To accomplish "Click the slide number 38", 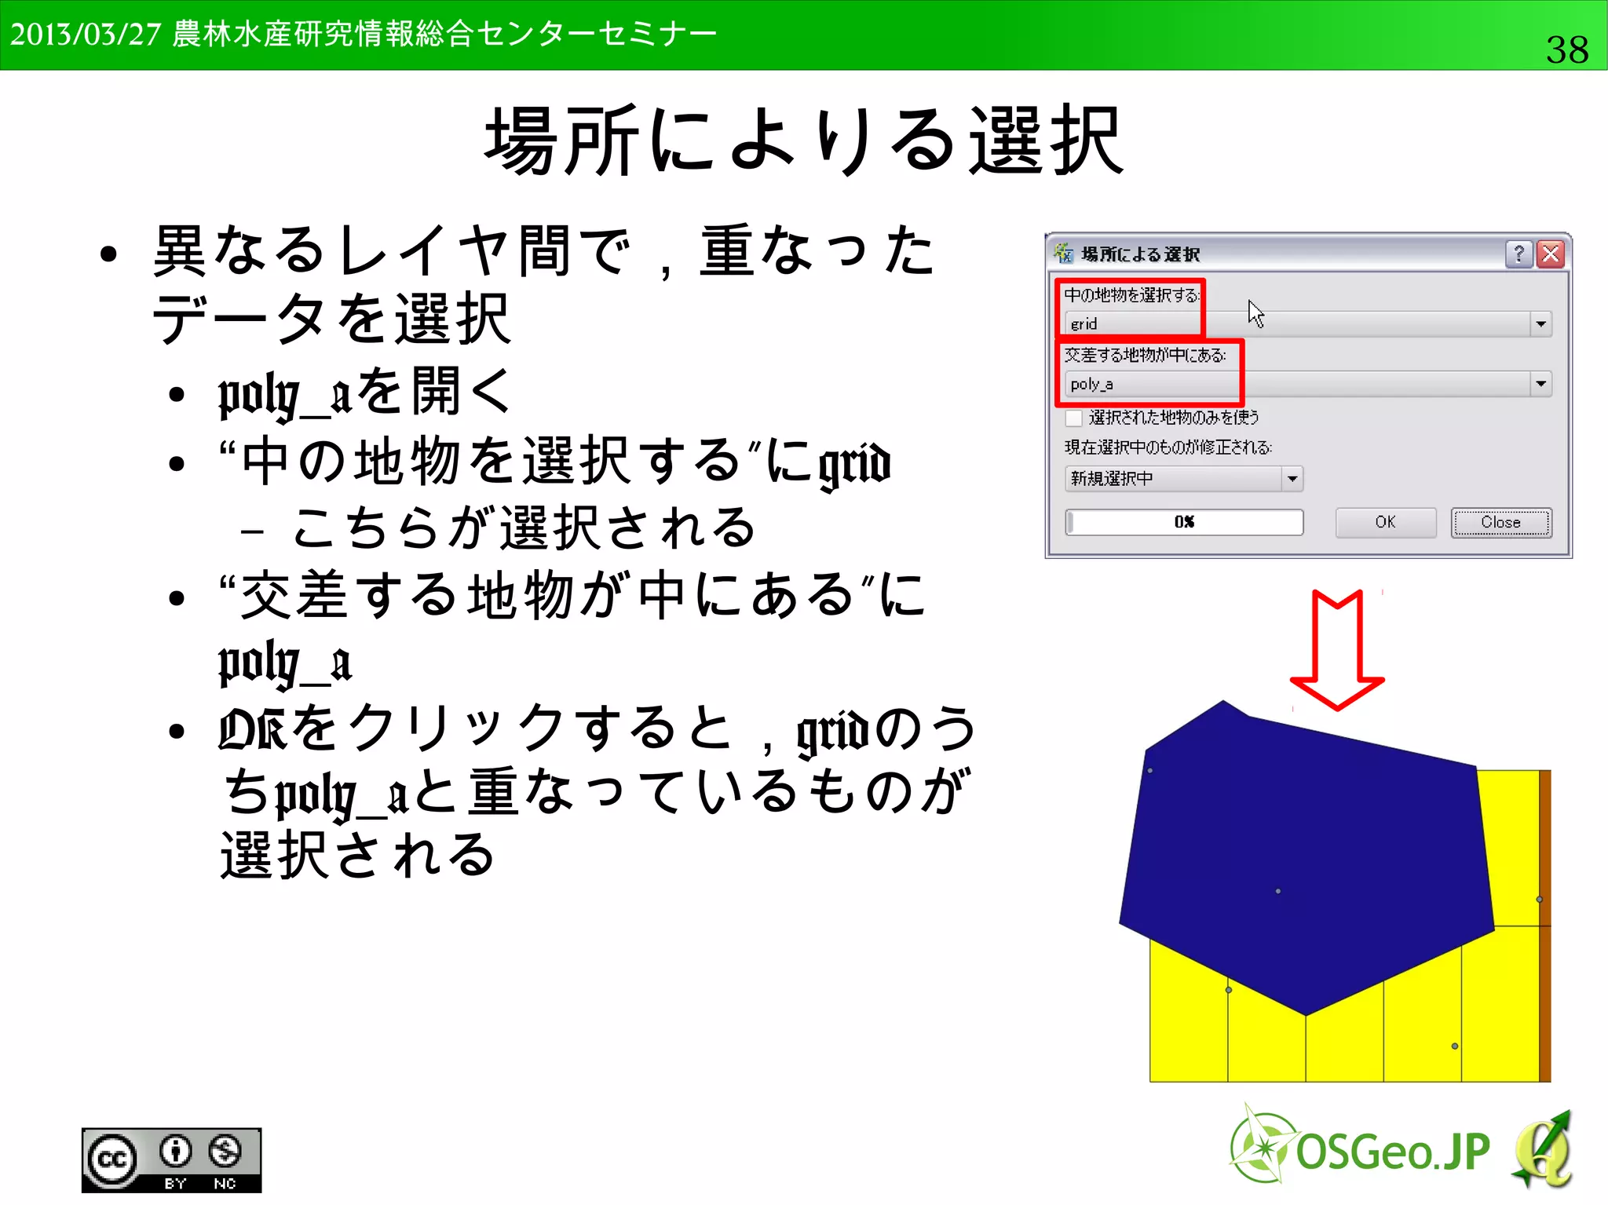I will pyautogui.click(x=1566, y=49).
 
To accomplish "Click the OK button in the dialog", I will pyautogui.click(x=1385, y=522).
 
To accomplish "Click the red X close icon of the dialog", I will pyautogui.click(x=1551, y=254).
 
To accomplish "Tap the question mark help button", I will pyautogui.click(x=1519, y=254).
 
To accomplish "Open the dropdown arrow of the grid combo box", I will pyautogui.click(x=1540, y=323).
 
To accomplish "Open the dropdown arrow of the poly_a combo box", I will pyautogui.click(x=1540, y=384).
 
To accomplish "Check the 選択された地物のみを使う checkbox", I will pyautogui.click(x=1074, y=418).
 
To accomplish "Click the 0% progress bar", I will pyautogui.click(x=1184, y=522).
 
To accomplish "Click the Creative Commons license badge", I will pyautogui.click(x=171, y=1159).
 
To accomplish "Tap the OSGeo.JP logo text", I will pyautogui.click(x=1391, y=1152).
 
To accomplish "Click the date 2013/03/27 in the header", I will pyautogui.click(x=85, y=35).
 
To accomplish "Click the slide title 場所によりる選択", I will pyautogui.click(x=804, y=141).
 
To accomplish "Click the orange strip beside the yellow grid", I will pyautogui.click(x=1544, y=926).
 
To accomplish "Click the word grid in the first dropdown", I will pyautogui.click(x=1084, y=323).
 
